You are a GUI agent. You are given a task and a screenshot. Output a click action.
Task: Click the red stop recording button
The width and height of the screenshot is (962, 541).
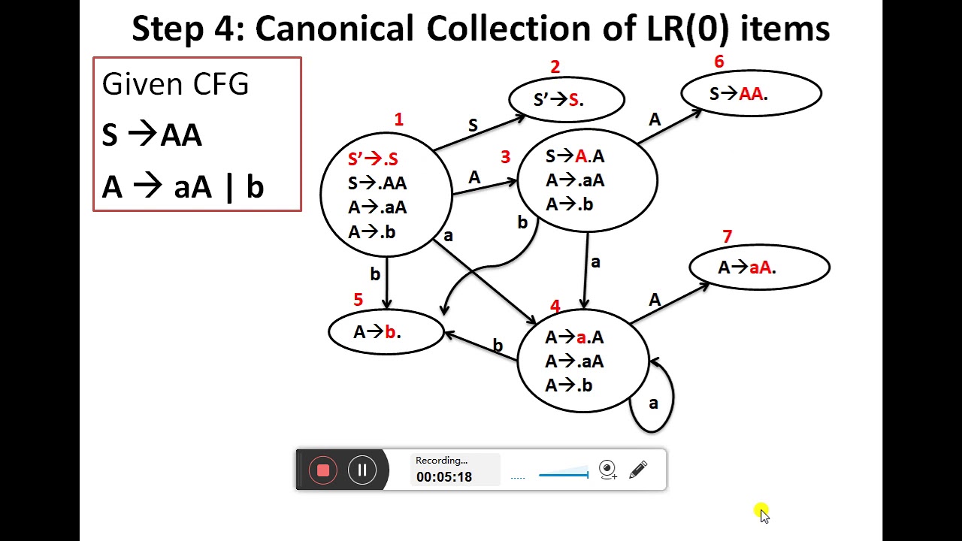pos(323,470)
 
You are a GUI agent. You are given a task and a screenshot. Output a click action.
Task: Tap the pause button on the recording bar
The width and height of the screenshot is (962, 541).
pos(362,470)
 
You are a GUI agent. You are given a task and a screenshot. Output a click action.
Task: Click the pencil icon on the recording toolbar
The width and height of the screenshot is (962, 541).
pos(638,470)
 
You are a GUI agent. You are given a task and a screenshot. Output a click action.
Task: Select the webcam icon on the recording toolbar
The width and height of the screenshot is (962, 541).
pos(607,470)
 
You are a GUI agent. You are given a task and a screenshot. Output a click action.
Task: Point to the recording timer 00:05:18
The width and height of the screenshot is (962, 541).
pos(444,477)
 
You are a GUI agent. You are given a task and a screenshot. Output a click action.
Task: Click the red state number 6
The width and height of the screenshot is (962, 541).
pos(719,62)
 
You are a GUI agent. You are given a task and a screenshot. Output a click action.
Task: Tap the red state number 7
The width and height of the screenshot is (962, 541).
pos(727,237)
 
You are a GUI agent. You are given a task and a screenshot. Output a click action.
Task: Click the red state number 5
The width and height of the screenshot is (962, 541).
pos(358,300)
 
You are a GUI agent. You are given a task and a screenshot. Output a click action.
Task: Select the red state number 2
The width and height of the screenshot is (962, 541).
pos(555,67)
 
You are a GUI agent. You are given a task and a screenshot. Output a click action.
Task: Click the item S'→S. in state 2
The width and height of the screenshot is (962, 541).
pos(558,100)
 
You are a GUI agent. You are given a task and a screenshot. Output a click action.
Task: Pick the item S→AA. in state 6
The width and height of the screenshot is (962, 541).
pos(739,94)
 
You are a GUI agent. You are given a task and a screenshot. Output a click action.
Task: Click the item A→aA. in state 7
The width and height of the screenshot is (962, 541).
pos(747,267)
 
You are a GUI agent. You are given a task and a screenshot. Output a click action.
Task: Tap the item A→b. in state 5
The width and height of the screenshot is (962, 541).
pos(377,332)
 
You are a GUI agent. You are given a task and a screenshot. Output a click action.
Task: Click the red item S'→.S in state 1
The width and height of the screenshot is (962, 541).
pos(373,159)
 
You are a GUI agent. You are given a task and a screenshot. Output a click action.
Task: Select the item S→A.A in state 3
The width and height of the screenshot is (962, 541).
pos(575,156)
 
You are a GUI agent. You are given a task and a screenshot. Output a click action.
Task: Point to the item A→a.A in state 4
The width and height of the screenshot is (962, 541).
pos(575,337)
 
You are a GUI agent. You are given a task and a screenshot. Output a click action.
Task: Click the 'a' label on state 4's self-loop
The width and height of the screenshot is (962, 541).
pos(653,403)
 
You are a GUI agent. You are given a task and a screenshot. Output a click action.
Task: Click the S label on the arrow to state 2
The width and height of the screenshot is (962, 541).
pos(473,125)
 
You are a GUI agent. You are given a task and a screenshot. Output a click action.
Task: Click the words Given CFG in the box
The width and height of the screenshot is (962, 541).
pos(175,83)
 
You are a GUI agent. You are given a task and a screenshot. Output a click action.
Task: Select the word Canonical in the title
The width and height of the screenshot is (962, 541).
pos(334,29)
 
